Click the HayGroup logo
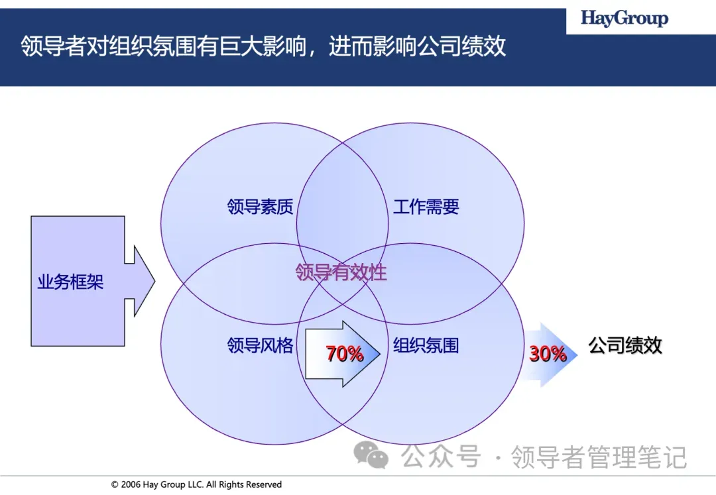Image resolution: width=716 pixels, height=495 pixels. (625, 19)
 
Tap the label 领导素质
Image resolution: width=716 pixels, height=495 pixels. (260, 207)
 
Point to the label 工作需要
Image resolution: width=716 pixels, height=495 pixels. (426, 207)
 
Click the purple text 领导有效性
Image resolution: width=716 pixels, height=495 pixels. (341, 272)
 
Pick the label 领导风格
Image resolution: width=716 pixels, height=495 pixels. (260, 345)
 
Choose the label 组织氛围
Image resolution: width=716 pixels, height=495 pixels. (426, 345)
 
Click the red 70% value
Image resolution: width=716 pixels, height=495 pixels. (345, 355)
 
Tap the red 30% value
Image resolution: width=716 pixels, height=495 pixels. (548, 355)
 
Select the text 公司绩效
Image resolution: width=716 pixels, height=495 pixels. (625, 345)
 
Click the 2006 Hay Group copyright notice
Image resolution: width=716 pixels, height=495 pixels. (196, 485)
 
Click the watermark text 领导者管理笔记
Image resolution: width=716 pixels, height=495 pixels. (599, 457)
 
